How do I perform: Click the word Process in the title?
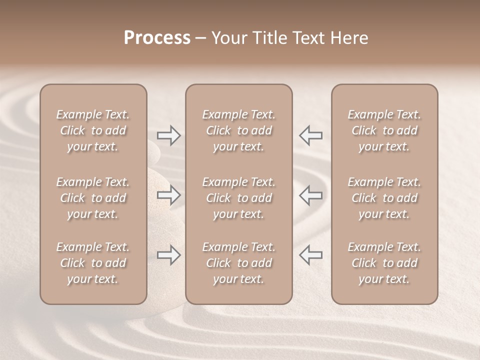157,38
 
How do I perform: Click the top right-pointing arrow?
168,135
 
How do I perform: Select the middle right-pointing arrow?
168,195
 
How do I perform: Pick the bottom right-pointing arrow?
168,255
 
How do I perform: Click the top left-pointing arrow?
310,135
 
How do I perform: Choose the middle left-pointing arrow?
310,195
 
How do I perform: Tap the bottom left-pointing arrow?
310,255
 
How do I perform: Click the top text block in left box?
93,130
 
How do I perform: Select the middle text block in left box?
93,198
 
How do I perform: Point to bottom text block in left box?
93,263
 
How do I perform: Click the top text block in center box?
239,130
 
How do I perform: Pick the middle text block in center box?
239,198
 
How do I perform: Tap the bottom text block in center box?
239,263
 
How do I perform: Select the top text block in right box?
384,130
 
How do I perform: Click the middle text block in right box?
384,198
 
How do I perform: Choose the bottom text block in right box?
384,263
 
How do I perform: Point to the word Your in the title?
229,38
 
